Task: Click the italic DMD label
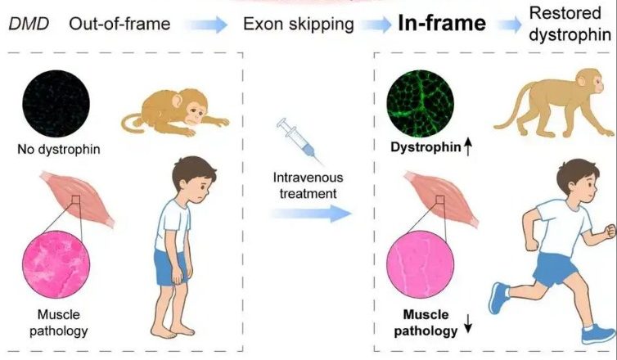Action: point(29,24)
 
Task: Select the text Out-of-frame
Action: point(119,24)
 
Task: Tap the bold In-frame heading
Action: point(442,23)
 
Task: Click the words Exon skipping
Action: point(299,25)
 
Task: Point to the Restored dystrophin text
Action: point(570,24)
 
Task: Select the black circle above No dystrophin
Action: point(56,103)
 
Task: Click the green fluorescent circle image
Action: point(421,103)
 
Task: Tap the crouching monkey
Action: point(175,113)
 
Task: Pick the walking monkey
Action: point(554,102)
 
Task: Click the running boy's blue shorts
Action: point(555,268)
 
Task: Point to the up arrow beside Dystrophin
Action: point(468,147)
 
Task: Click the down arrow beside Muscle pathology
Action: point(468,323)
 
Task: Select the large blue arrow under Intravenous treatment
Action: point(310,214)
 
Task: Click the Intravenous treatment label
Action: point(308,185)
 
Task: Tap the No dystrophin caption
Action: point(59,150)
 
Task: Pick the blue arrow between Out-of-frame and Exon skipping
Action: point(206,25)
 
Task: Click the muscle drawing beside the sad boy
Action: point(77,199)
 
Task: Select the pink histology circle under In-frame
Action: point(421,264)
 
